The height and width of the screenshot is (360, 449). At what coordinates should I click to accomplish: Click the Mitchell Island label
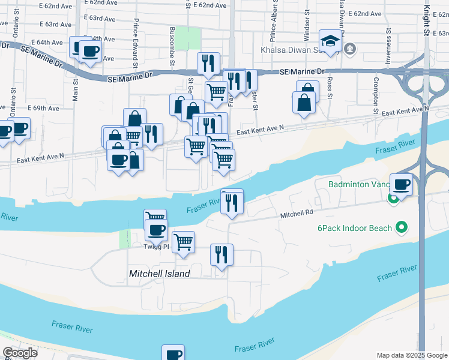(x=160, y=274)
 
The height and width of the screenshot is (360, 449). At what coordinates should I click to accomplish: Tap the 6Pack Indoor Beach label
(x=355, y=228)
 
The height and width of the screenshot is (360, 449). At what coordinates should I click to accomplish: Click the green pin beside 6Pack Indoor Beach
(x=403, y=228)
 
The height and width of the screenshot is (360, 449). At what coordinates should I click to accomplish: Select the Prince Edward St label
(x=137, y=45)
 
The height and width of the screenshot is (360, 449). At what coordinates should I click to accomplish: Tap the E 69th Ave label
(x=44, y=109)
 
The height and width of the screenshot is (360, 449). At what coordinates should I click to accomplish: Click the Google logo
(x=20, y=352)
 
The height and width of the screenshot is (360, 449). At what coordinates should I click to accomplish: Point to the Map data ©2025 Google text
(x=411, y=355)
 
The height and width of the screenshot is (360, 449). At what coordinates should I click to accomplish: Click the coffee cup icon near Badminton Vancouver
(x=401, y=184)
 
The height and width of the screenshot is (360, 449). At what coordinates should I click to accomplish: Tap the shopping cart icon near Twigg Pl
(x=184, y=241)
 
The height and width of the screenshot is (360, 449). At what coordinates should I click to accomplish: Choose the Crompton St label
(x=375, y=95)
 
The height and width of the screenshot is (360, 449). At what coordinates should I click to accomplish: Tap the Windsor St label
(x=306, y=25)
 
